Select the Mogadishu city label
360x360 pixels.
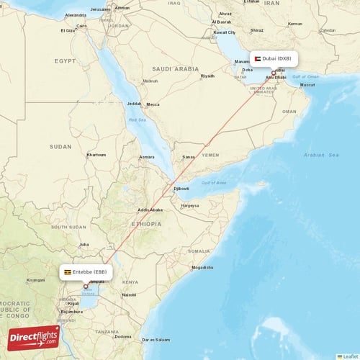click(x=202, y=267)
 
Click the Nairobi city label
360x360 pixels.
click(x=129, y=294)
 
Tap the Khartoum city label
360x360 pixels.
click(x=96, y=155)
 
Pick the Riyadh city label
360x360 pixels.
click(x=207, y=76)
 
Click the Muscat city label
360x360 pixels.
click(x=307, y=85)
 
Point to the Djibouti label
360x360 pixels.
click(x=181, y=189)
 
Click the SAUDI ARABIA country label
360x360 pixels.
click(x=175, y=69)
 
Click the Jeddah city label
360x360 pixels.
click(x=135, y=104)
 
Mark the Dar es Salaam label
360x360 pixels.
click(x=155, y=339)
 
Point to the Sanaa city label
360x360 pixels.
click(x=189, y=156)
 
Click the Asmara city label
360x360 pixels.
click(x=146, y=157)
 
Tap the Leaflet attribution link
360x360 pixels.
click(x=349, y=356)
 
